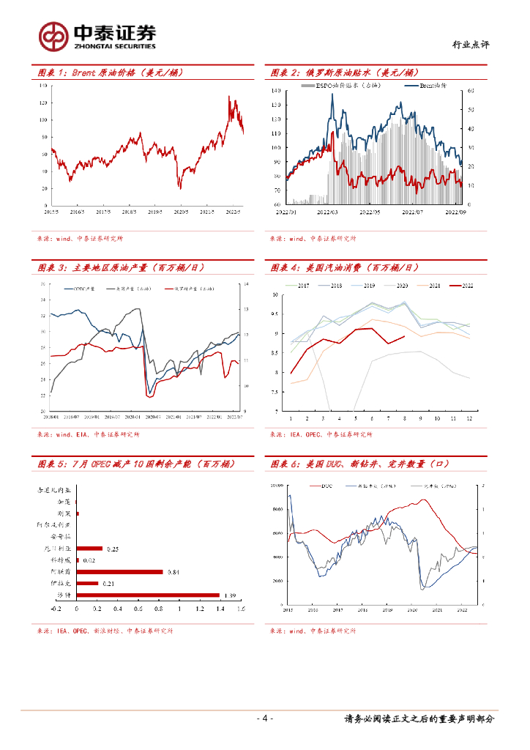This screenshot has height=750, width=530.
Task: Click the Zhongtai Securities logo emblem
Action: coord(53,34)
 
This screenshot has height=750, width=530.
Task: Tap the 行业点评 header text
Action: coord(471,45)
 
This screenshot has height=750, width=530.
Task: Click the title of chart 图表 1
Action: coord(110,73)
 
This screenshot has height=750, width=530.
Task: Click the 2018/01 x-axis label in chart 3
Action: coord(51,417)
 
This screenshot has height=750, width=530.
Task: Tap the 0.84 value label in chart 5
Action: coord(173,572)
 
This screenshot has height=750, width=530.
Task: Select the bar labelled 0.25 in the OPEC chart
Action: coord(90,548)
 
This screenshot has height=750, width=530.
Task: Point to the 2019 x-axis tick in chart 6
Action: coord(387,609)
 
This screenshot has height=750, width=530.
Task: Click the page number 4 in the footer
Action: coord(265,719)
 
